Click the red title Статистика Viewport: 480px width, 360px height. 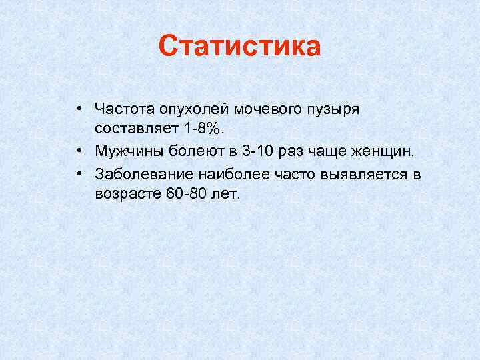[240, 47]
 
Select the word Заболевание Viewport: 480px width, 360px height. [145, 174]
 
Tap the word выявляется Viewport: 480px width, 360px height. [360, 174]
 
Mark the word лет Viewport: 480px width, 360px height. [225, 193]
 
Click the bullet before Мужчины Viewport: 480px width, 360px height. [79, 151]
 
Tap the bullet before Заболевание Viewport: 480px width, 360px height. [79, 174]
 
